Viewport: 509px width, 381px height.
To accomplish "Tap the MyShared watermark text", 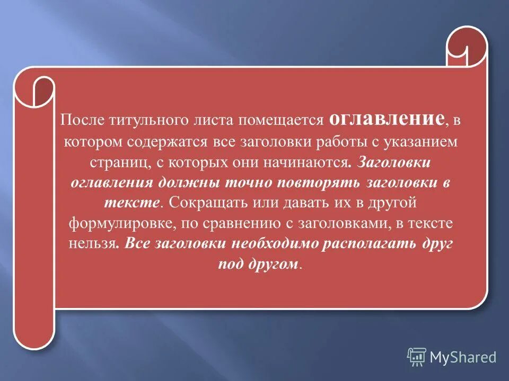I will [463, 357].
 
